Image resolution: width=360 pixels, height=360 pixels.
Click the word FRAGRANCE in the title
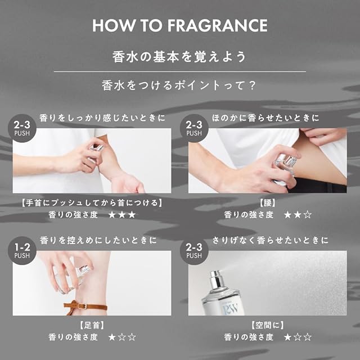[218, 25]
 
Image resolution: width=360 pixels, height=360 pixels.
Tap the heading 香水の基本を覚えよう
[179, 57]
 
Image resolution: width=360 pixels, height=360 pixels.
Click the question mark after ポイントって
[252, 85]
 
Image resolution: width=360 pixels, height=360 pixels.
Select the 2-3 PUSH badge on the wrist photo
[22, 128]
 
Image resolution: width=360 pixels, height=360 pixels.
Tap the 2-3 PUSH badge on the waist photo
[194, 128]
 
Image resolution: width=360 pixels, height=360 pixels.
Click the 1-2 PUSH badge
[22, 250]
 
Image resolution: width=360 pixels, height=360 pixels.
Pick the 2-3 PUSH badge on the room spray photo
[194, 250]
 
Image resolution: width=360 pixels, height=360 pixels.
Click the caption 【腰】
[268, 203]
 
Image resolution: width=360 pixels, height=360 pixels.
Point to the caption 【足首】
[92, 325]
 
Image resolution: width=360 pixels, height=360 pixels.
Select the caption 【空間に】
[268, 325]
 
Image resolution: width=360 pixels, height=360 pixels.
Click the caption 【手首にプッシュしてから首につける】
[92, 203]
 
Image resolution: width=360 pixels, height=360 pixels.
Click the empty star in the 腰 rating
[308, 215]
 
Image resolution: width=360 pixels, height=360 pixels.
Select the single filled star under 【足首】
[112, 337]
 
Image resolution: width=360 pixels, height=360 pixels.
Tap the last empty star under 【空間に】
[308, 337]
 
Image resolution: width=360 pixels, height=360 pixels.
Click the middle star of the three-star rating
[122, 215]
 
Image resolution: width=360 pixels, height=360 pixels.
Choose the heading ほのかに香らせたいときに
[265, 118]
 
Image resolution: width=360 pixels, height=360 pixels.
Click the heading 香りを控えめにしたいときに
[98, 240]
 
